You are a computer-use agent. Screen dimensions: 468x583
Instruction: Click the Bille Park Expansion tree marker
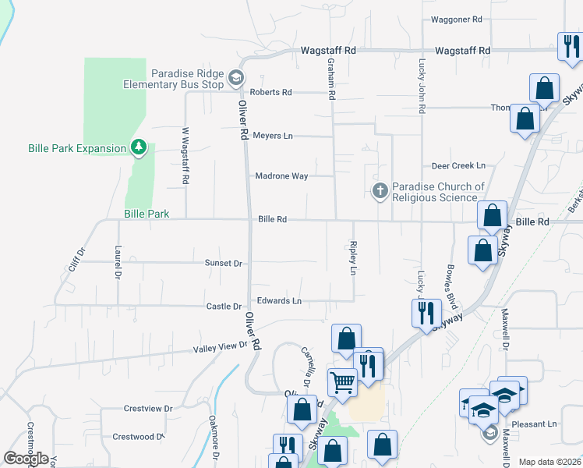pyautogui.click(x=139, y=147)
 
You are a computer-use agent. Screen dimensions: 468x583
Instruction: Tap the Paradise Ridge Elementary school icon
pyautogui.click(x=236, y=76)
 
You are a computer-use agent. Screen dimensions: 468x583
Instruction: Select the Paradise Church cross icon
pyautogui.click(x=380, y=190)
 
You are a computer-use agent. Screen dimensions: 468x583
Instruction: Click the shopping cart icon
pyautogui.click(x=341, y=381)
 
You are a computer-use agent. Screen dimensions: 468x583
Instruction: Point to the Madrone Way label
pyautogui.click(x=281, y=176)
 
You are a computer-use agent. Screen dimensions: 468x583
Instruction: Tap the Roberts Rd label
pyautogui.click(x=270, y=92)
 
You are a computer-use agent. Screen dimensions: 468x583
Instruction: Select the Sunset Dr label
pyautogui.click(x=224, y=264)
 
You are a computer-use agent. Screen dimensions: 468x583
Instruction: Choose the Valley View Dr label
pyautogui.click(x=221, y=346)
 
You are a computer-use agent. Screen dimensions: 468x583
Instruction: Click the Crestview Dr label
pyautogui.click(x=147, y=408)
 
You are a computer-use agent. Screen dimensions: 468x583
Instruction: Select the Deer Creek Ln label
pyautogui.click(x=458, y=166)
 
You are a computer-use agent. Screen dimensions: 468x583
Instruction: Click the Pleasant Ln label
pyautogui.click(x=542, y=424)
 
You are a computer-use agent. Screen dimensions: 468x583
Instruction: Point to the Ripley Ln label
pyautogui.click(x=353, y=258)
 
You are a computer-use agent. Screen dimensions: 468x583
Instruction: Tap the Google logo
pyautogui.click(x=26, y=459)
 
